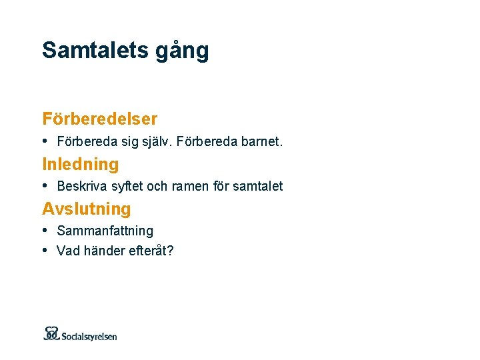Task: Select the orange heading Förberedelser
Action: (x=100, y=119)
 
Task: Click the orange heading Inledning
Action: (x=81, y=164)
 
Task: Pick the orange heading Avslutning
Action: (x=87, y=209)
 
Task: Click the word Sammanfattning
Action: (x=105, y=231)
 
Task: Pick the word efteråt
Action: (x=151, y=252)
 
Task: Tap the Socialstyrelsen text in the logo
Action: (x=89, y=336)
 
